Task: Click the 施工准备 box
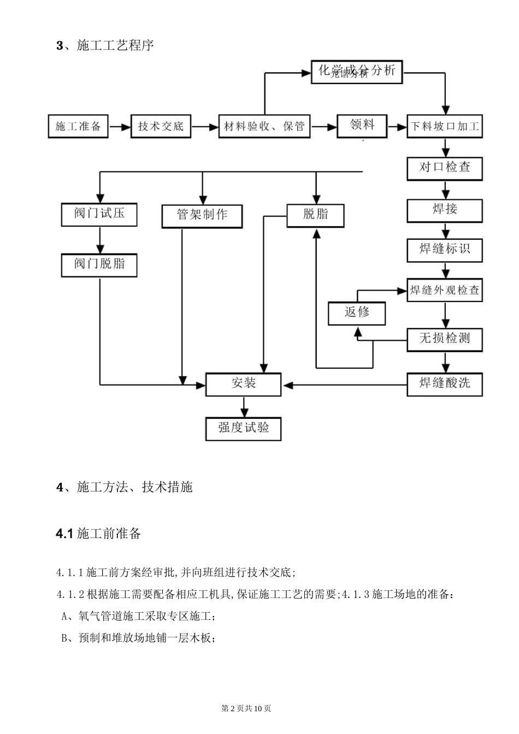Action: tap(78, 127)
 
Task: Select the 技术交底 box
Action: tap(161, 127)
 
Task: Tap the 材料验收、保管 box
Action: tap(264, 127)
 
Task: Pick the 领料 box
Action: tap(362, 126)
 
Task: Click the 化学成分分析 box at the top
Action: tap(357, 72)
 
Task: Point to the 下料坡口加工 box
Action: tap(445, 127)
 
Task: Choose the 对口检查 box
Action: tap(445, 168)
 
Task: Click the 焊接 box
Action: tap(445, 210)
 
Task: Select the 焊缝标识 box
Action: tap(445, 250)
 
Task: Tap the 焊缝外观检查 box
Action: tap(445, 291)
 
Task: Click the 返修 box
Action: tap(357, 313)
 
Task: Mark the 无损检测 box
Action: tap(445, 339)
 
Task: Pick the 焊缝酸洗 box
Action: tap(445, 384)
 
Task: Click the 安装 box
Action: tap(243, 384)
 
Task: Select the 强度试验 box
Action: tap(243, 428)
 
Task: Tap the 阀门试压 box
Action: tap(99, 214)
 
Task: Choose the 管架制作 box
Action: tap(202, 215)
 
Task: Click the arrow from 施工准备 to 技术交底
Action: tap(120, 127)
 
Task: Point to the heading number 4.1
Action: tap(64, 534)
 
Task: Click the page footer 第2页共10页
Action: tap(246, 708)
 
